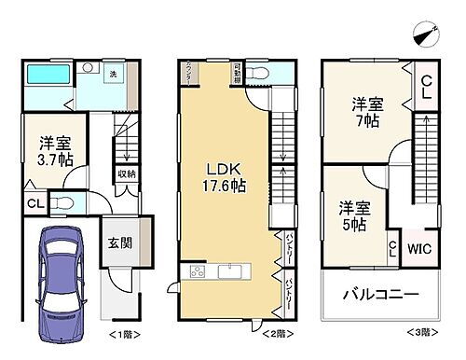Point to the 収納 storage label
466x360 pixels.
tap(126, 173)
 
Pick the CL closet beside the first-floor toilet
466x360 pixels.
tap(31, 203)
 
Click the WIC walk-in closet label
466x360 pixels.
tap(418, 248)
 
